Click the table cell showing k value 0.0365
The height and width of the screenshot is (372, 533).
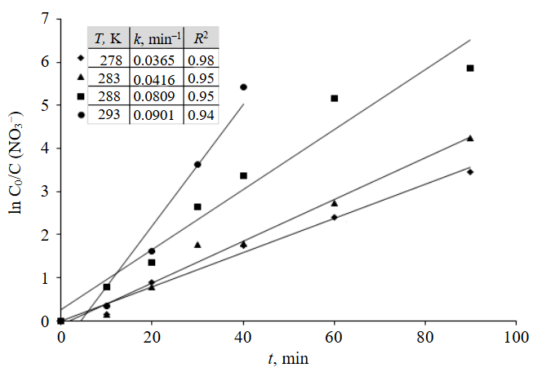(156, 60)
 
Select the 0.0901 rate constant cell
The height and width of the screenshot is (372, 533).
(156, 115)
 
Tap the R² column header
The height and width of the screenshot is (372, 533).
(199, 38)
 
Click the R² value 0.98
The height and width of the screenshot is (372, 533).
(200, 60)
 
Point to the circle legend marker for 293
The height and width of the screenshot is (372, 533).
(81, 115)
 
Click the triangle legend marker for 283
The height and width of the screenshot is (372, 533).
(81, 77)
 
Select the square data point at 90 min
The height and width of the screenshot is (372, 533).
(470, 69)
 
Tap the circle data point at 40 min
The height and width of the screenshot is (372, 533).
(243, 87)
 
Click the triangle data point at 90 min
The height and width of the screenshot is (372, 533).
(470, 138)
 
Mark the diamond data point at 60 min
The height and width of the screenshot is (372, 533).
(334, 217)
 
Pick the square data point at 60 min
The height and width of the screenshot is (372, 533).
(334, 99)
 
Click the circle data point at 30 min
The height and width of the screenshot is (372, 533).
(198, 165)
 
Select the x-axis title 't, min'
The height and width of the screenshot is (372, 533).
(286, 356)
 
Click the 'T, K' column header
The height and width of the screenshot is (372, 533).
(106, 38)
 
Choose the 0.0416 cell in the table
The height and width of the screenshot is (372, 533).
(156, 78)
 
